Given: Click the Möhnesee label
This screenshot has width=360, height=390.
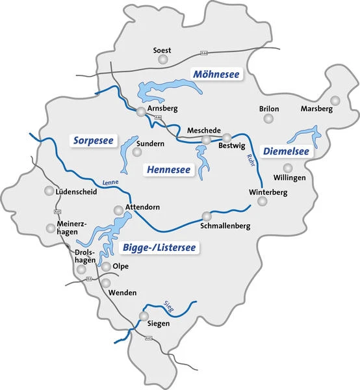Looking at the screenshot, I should pos(216,75).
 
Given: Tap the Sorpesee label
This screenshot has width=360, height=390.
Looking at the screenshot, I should pos(94,140).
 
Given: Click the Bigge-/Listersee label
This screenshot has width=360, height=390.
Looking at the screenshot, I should pos(159,247).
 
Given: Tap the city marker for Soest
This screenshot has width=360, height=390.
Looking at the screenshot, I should pos(162,60).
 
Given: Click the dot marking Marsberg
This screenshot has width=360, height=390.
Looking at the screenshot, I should pos(335,100).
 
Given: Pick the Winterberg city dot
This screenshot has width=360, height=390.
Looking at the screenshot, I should pos(263,201).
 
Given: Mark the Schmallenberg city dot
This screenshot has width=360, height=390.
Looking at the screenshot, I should pos(207,216).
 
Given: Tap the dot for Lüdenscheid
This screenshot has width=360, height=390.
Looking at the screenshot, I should pos(49,191).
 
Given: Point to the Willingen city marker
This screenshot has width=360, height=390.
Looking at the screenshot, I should pos(288,168).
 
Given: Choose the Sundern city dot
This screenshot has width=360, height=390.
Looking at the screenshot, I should pos(137,152).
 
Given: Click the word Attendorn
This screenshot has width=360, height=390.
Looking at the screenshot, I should pos(141,207).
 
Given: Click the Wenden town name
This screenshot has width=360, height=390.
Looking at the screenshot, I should pos(123,293).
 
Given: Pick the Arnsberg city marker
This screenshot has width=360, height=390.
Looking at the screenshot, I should pos(142,112).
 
